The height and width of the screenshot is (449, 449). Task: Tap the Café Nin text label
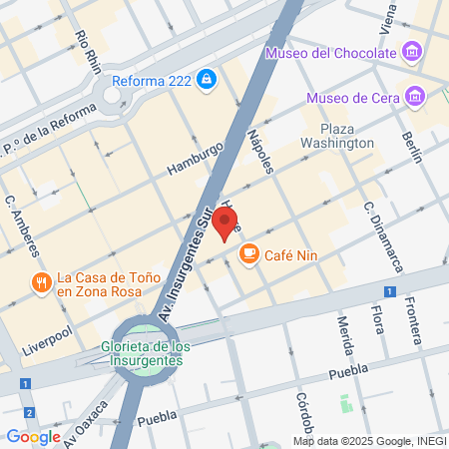pyautogui.click(x=285, y=256)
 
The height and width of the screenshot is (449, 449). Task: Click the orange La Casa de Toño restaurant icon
pyautogui.click(x=40, y=282)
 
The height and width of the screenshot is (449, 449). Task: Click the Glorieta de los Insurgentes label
pyautogui.click(x=146, y=353)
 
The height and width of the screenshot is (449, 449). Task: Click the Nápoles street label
pyautogui.click(x=260, y=151)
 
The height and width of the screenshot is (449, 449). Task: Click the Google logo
pyautogui.click(x=33, y=436)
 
